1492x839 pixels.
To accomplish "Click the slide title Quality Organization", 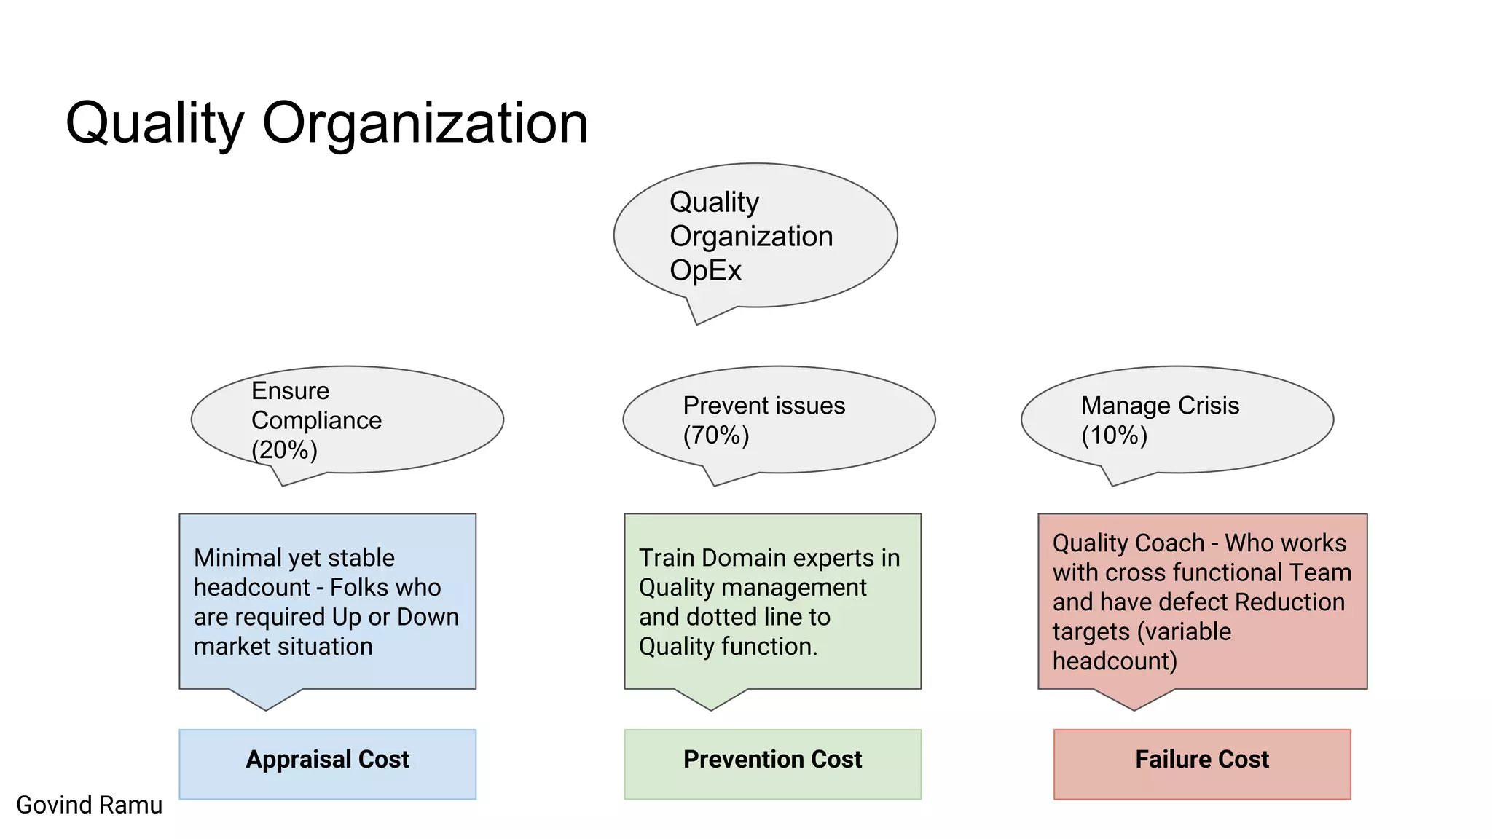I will (x=326, y=123).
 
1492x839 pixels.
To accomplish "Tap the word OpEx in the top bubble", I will (x=704, y=271).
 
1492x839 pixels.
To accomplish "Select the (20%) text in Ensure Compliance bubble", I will (x=284, y=450).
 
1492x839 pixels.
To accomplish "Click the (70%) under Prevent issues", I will (x=715, y=436).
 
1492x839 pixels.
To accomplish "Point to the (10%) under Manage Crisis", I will (x=1114, y=436).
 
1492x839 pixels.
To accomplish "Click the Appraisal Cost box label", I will (x=327, y=760).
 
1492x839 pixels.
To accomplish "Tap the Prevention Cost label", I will (x=772, y=760).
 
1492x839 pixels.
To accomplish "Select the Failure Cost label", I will (x=1201, y=760).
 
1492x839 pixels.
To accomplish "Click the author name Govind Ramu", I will (x=89, y=805).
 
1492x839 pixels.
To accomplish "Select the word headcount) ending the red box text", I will (x=1114, y=661).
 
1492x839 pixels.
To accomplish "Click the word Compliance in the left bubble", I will (x=316, y=421).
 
